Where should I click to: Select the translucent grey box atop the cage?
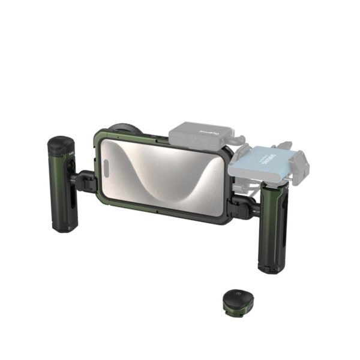click(x=201, y=136)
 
